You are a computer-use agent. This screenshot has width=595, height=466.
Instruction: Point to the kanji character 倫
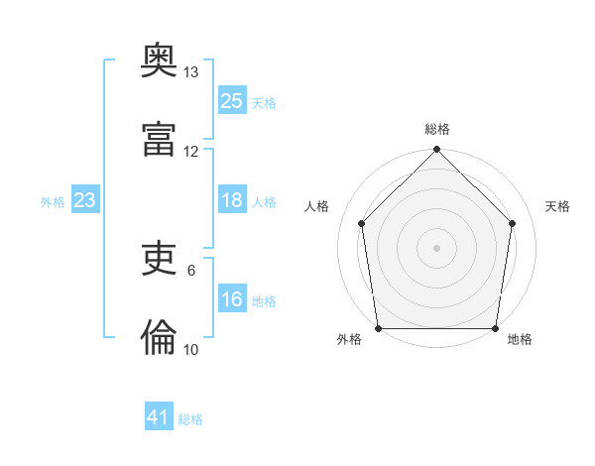pyautogui.click(x=160, y=339)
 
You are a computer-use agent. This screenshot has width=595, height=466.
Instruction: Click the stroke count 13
pyautogui.click(x=191, y=72)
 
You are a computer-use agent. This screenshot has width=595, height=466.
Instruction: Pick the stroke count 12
pyautogui.click(x=191, y=152)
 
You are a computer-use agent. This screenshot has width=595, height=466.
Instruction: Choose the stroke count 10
pyautogui.click(x=191, y=350)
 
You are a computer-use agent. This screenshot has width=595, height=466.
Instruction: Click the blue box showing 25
pyautogui.click(x=231, y=101)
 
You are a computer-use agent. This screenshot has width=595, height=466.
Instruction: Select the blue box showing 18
pyautogui.click(x=231, y=200)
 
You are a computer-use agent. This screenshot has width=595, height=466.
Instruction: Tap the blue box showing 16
pyautogui.click(x=231, y=299)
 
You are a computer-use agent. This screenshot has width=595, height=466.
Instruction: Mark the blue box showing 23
pyautogui.click(x=85, y=200)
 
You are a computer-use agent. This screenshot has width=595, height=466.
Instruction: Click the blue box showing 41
pyautogui.click(x=159, y=417)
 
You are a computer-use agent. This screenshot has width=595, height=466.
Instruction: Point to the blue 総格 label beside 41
pyautogui.click(x=190, y=419)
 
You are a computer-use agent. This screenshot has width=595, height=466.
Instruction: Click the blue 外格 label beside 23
pyautogui.click(x=53, y=202)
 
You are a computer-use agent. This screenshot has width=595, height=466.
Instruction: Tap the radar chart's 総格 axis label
pyautogui.click(x=437, y=129)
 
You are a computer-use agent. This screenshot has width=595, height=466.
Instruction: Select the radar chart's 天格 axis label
pyautogui.click(x=557, y=206)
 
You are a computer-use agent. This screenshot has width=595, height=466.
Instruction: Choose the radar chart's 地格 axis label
pyautogui.click(x=520, y=340)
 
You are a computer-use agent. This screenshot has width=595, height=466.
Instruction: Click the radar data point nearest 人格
pyautogui.click(x=362, y=223)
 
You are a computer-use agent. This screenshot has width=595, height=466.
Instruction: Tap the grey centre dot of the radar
pyautogui.click(x=437, y=247)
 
